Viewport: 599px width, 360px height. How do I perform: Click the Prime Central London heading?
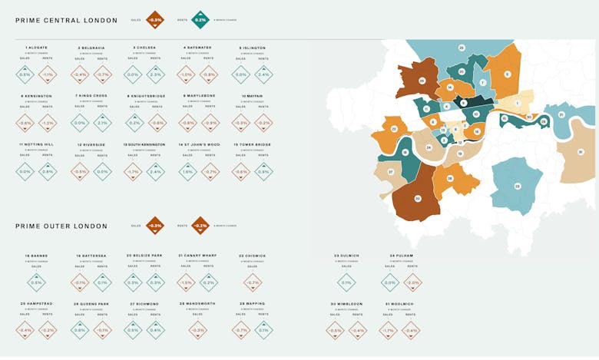67,20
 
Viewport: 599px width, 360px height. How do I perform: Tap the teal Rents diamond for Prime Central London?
200,20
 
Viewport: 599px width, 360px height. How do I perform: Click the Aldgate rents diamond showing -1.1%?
48,75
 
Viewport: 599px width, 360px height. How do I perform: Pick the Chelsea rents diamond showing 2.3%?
155,75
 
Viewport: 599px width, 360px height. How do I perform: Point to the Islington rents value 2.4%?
263,75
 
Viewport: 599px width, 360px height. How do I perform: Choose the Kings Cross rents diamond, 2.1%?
102,123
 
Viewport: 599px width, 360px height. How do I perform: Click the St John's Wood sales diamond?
187,171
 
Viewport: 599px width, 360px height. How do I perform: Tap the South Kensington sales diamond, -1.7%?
133,171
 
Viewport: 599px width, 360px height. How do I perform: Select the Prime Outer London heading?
61,226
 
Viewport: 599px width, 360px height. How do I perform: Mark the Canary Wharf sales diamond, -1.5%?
187,282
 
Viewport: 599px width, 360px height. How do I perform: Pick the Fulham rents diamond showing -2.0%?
412,282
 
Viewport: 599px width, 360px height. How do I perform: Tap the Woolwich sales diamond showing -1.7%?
389,331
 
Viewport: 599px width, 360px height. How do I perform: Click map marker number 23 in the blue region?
516,186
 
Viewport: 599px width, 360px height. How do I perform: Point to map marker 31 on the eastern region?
581,152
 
